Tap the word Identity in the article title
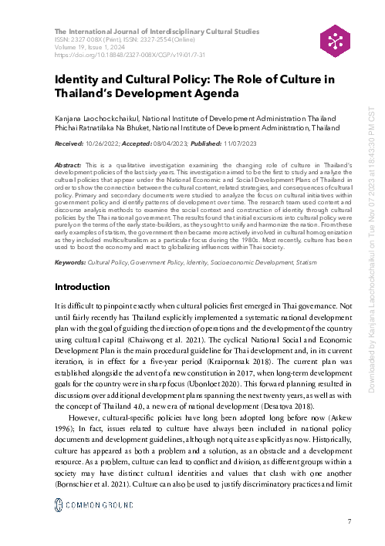click(x=77, y=81)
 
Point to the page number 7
click(x=350, y=523)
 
